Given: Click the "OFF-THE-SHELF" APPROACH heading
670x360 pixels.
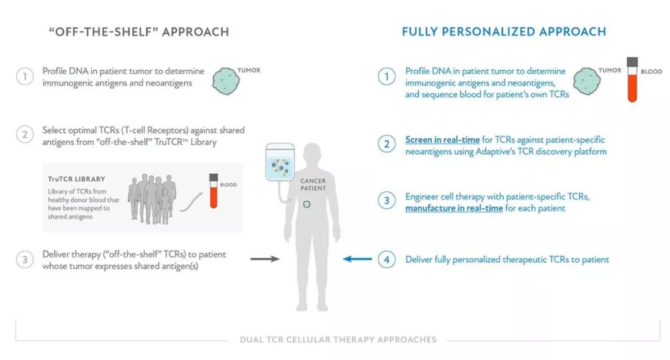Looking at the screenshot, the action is point(139,32).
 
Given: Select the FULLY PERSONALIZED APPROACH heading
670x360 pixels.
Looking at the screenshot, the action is point(504,32).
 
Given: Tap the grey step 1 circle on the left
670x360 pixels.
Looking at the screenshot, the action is point(25,76).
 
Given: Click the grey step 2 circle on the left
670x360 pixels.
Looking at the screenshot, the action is point(25,135).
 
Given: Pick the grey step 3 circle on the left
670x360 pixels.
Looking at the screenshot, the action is point(25,259).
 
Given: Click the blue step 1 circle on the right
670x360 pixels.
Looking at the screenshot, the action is point(386,76).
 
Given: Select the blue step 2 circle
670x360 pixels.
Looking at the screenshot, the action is point(386,144).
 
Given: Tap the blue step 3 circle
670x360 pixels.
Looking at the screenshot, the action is point(386,200).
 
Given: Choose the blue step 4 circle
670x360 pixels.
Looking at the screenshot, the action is point(386,259).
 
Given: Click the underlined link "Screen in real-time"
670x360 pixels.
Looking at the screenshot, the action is point(442,140).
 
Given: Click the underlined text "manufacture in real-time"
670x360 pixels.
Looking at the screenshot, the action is point(453,208).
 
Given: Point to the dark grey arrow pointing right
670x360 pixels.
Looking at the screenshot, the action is point(265,259).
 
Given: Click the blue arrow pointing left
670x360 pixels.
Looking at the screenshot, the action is point(357,259).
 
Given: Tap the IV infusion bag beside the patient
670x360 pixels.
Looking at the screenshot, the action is point(280,162).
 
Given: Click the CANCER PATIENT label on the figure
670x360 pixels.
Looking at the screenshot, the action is point(313,185).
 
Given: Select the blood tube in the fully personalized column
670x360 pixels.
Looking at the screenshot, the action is point(632,80).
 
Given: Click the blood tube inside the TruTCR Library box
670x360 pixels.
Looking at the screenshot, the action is point(213,191).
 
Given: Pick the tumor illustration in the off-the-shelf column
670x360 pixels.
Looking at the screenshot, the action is point(226,81).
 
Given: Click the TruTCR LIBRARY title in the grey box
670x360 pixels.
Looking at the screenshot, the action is point(76,179).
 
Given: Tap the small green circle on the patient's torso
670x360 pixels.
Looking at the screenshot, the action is point(306,204).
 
